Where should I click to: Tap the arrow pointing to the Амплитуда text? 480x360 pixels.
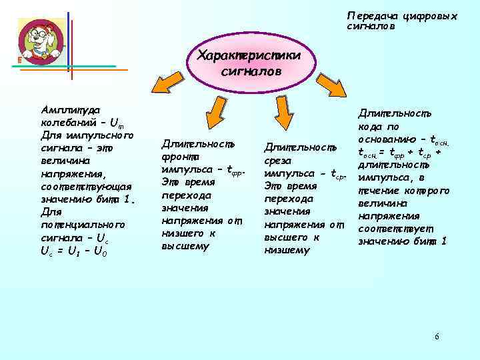coord(167,82)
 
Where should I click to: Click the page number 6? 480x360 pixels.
coord(437,336)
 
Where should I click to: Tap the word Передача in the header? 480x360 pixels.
coord(370,15)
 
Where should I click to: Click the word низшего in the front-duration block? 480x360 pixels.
coord(183,233)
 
